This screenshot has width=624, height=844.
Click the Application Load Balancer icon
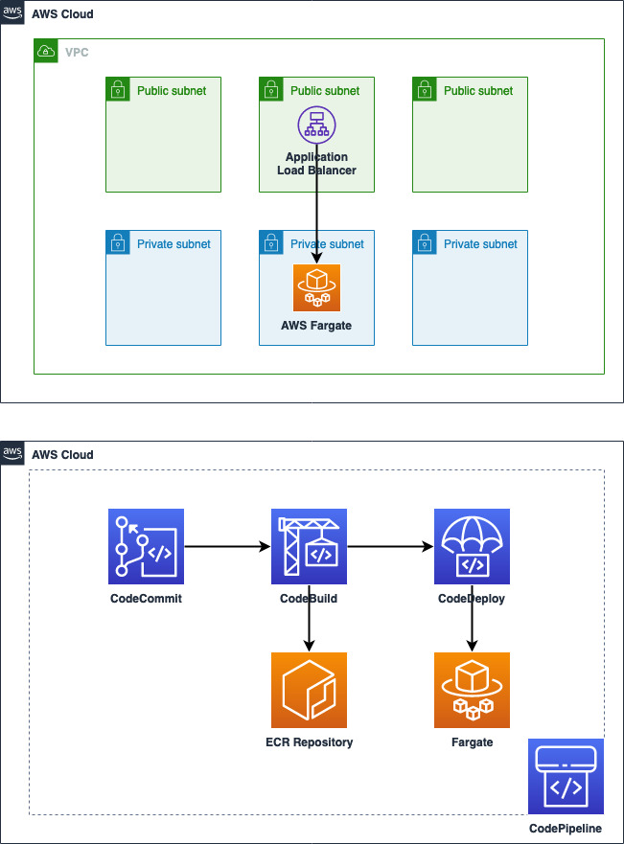click(x=316, y=124)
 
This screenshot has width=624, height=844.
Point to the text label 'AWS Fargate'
click(x=316, y=326)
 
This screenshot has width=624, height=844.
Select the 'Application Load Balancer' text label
click(x=316, y=164)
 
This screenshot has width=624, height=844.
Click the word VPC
click(x=77, y=52)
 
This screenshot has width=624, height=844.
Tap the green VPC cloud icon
click(x=45, y=51)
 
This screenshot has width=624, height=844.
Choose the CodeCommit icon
click(x=146, y=546)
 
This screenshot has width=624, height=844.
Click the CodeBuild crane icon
click(x=309, y=546)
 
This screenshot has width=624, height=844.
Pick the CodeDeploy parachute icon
click(x=472, y=546)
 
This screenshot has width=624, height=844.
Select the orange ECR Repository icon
click(x=309, y=690)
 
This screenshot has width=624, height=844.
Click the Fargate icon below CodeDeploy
click(x=472, y=690)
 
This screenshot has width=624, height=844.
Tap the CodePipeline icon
click(x=566, y=776)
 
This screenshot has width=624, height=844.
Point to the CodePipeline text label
click(x=566, y=829)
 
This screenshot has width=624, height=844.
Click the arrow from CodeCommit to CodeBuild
click(x=227, y=547)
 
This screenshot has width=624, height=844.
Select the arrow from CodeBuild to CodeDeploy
click(x=390, y=547)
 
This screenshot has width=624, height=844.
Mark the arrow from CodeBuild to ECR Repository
click(x=309, y=628)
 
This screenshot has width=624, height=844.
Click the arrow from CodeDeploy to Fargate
click(x=472, y=628)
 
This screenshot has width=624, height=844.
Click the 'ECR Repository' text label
click(x=309, y=742)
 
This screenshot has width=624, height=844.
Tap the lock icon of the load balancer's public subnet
click(x=270, y=89)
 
